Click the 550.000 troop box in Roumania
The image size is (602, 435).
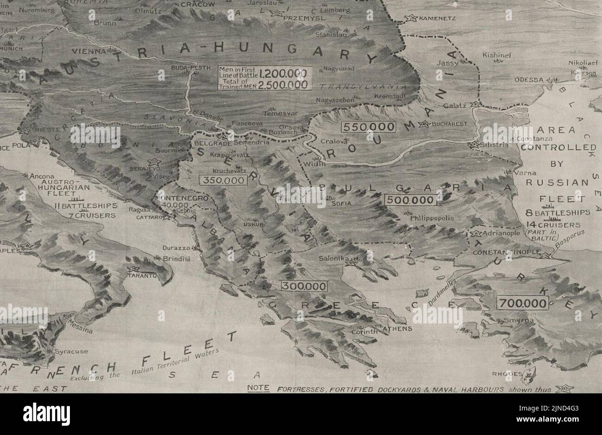[369, 126]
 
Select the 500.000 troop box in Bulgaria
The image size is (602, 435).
[411, 200]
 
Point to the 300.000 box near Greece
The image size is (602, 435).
[304, 286]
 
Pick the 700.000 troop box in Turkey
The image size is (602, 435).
[522, 304]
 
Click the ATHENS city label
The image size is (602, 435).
[397, 329]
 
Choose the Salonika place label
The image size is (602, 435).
[333, 260]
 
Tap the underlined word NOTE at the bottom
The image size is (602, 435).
[258, 388]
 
